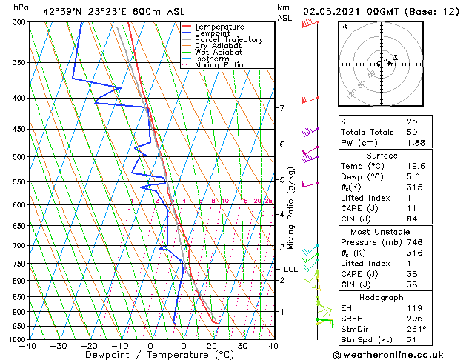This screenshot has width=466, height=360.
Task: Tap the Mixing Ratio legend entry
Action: (x=219, y=64)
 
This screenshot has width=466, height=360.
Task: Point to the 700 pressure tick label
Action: (x=16, y=245)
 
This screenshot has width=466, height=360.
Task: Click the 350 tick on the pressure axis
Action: (x=16, y=63)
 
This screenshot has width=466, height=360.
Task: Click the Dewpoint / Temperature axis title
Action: (x=151, y=356)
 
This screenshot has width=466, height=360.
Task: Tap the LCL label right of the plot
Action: (x=290, y=270)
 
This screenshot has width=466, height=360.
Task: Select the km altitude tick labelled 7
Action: (x=282, y=108)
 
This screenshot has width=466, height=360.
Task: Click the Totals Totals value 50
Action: (x=412, y=132)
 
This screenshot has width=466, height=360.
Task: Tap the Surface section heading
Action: (x=397, y=156)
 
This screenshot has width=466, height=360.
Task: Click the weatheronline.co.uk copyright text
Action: (x=399, y=354)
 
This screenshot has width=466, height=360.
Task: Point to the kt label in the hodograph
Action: (x=344, y=27)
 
